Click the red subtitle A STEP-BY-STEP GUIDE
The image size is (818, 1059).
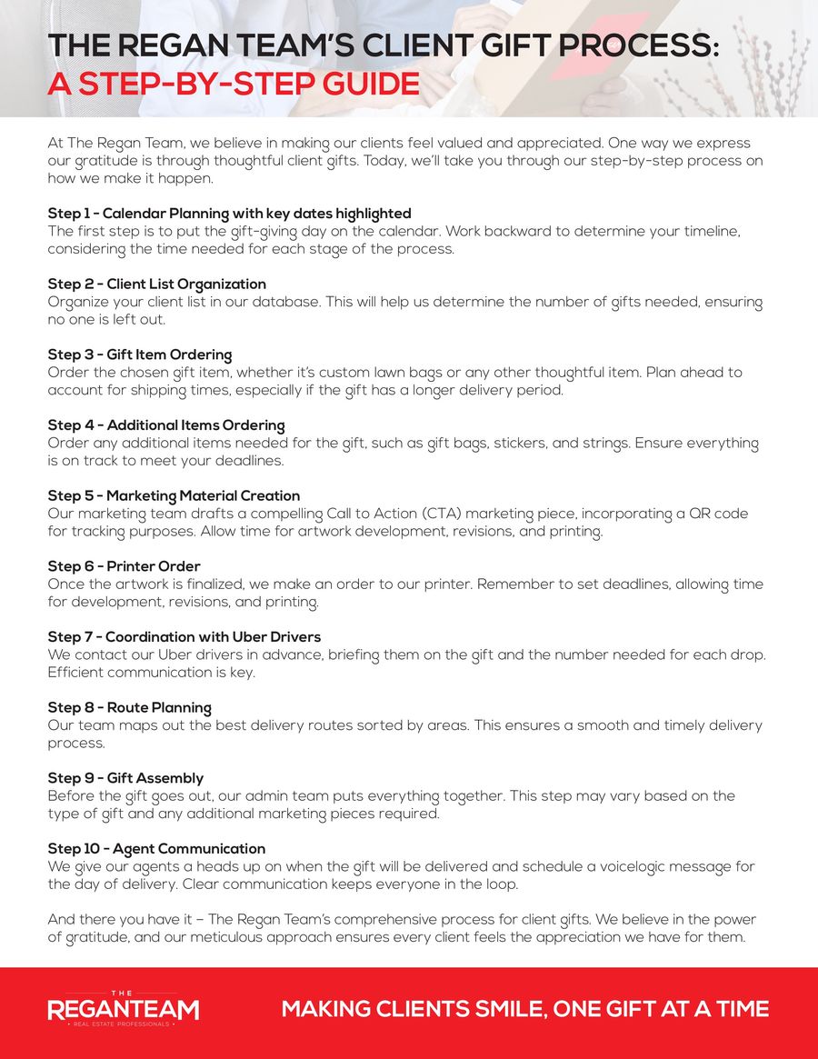(234, 85)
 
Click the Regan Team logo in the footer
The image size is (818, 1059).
(123, 1009)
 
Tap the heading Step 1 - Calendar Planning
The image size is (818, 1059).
(229, 214)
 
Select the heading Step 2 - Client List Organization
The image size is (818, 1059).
(156, 285)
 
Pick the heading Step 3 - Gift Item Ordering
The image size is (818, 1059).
(139, 355)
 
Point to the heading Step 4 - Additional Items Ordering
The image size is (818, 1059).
(166, 425)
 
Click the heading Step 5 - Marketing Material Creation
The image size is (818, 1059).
(174, 495)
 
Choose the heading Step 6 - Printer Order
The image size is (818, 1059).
(124, 566)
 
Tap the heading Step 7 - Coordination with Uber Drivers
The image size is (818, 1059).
(184, 637)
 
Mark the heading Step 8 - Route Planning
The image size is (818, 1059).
(129, 708)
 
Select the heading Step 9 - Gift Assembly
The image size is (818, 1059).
(125, 778)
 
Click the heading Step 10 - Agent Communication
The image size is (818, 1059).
(156, 849)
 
